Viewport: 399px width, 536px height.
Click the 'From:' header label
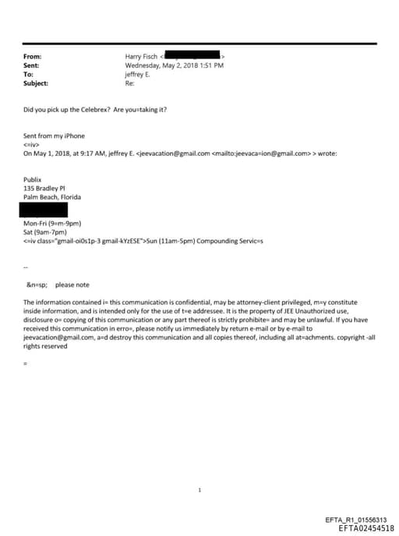pyautogui.click(x=33, y=57)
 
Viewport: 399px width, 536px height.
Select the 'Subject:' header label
pyautogui.click(x=36, y=83)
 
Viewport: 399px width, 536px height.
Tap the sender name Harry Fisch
pyautogui.click(x=141, y=57)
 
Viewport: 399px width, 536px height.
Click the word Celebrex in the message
pyautogui.click(x=95, y=110)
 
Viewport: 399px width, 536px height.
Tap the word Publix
pyautogui.click(x=32, y=179)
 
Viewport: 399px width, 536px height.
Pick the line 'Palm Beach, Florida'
pyautogui.click(x=52, y=196)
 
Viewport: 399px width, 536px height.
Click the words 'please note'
pyautogui.click(x=72, y=285)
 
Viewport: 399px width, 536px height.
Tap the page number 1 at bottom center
pyautogui.click(x=200, y=468)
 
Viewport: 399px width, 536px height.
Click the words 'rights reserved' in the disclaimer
pyautogui.click(x=46, y=347)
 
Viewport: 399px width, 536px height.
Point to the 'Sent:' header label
pyautogui.click(x=32, y=65)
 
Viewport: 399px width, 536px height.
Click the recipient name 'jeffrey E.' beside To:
pyautogui.click(x=138, y=75)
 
